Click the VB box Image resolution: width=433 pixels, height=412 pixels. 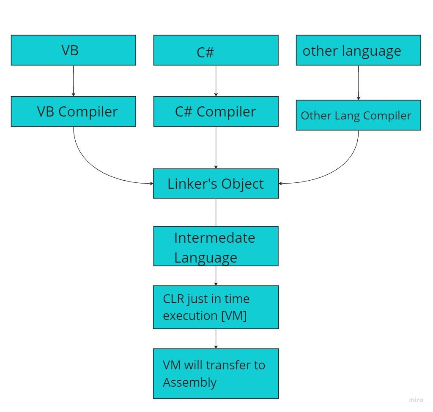pos(73,50)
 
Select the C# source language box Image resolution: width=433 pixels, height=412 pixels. pos(216,50)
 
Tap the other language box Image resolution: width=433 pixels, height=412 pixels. pos(358,50)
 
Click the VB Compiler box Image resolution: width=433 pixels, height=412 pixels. pos(73,111)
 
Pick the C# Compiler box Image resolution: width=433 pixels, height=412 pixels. pos(216,111)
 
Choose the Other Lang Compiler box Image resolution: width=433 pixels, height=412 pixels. pos(358,115)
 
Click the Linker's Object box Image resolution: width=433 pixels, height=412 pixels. pos(216,184)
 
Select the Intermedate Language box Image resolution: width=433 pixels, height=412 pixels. pos(216,246)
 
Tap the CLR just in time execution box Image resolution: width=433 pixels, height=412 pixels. pos(216,307)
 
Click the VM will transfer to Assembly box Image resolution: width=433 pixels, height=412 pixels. pos(216,374)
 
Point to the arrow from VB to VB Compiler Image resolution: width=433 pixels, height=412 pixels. pos(74,81)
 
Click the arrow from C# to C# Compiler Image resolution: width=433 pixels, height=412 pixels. pos(216,81)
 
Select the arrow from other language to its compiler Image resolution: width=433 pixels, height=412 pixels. pos(359,83)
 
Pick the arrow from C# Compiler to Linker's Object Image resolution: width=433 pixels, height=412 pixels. pos(216,147)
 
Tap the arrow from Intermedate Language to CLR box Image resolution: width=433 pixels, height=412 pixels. pos(216,276)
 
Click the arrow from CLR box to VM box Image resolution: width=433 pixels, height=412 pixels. pos(216,339)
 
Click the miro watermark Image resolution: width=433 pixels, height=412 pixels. pos(416,400)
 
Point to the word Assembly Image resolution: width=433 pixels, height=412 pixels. pos(189,382)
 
